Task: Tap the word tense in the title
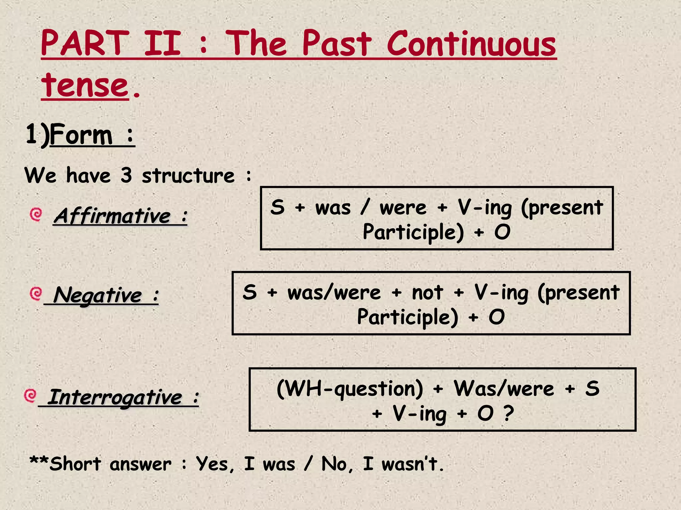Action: (85, 86)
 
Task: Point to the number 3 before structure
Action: (126, 175)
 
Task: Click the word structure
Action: (188, 176)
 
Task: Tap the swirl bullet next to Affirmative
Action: (36, 214)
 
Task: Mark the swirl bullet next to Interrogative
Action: (31, 395)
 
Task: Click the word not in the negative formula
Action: (427, 293)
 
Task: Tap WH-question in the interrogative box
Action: (350, 388)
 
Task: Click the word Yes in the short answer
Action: (214, 464)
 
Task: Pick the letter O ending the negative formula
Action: (496, 317)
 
